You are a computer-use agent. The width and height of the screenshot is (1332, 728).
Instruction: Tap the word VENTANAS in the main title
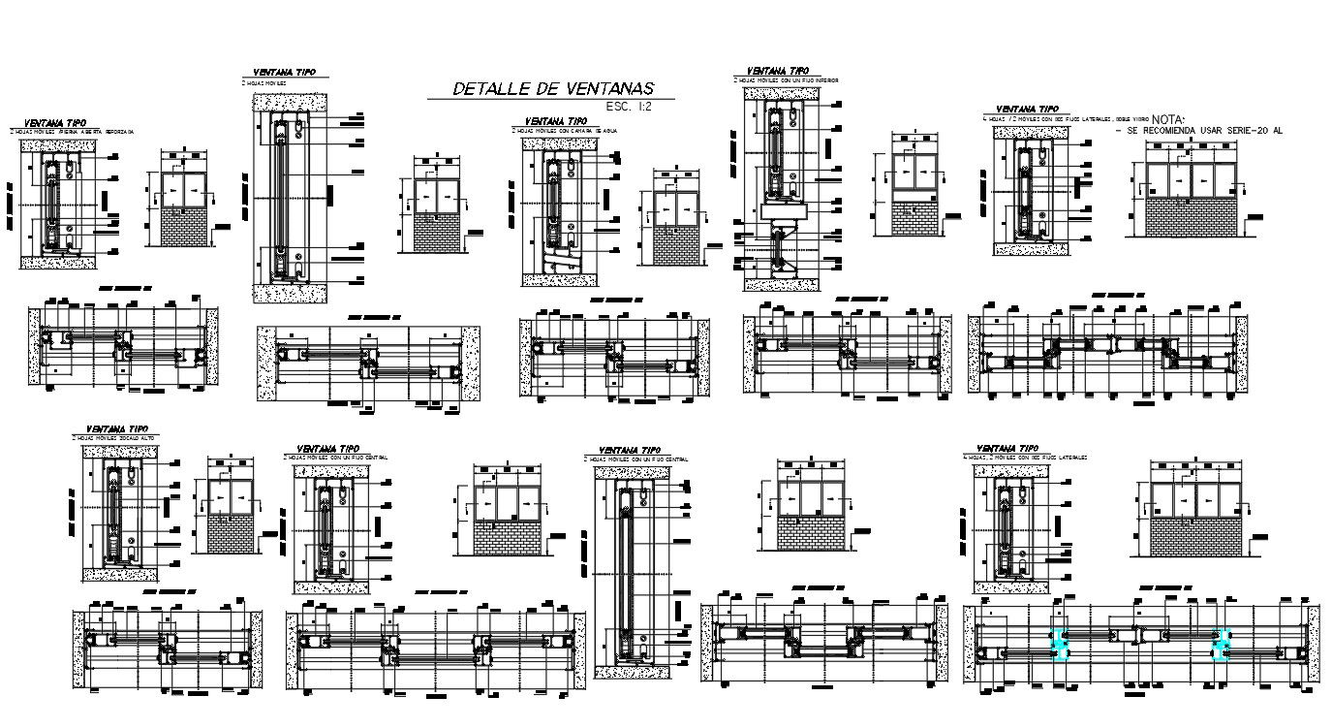610,89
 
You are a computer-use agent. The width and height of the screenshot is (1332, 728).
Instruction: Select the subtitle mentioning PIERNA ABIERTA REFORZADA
72,130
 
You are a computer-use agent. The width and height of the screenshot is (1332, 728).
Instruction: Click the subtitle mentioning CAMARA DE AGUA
565,129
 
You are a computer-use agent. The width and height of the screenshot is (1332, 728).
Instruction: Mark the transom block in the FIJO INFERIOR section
783,210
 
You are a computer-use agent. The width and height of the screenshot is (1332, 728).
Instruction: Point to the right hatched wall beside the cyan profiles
1313,646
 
